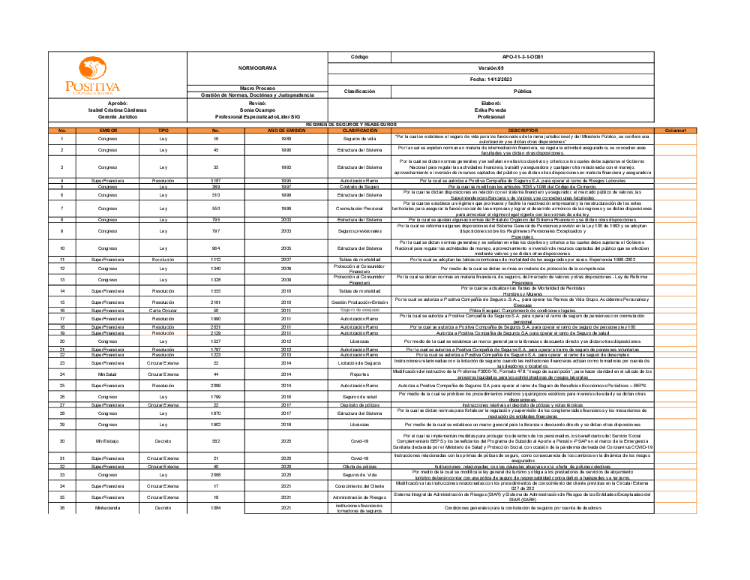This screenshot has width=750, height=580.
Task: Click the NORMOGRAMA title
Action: (x=257, y=68)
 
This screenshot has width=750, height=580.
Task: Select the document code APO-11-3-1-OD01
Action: (x=523, y=57)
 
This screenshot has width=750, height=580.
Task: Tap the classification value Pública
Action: (x=523, y=91)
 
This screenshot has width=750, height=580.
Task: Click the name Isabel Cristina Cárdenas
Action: (x=117, y=110)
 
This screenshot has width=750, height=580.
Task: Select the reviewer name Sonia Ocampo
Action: (x=257, y=110)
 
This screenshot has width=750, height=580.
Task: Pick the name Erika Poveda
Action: (x=491, y=110)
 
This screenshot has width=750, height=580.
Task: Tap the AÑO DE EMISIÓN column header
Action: (x=286, y=131)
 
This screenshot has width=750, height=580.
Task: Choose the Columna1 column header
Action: (x=675, y=131)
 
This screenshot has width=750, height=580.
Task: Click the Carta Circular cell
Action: (x=163, y=310)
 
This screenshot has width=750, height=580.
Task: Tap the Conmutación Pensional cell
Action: (x=360, y=208)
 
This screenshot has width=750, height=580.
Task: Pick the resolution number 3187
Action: (x=216, y=181)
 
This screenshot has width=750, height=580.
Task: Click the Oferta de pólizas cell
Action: (x=360, y=466)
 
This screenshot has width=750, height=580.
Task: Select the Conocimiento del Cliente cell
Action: (x=360, y=485)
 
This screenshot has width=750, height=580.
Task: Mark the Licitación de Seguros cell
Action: (x=360, y=362)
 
